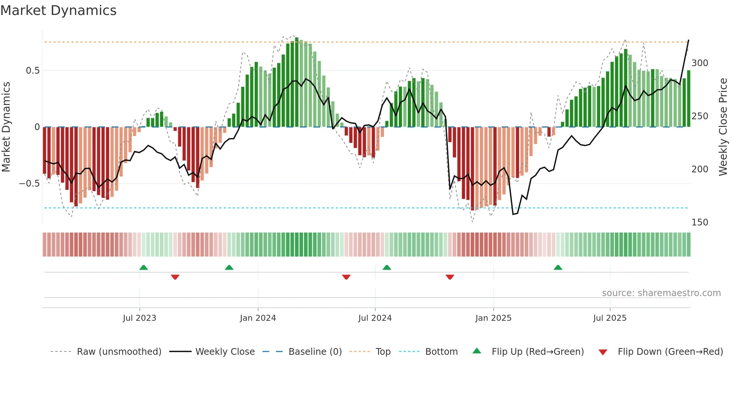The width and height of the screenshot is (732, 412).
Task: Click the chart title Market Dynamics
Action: (x=58, y=10)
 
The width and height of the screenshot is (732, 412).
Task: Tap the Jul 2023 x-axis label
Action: (x=139, y=318)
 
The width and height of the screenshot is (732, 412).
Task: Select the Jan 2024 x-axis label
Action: (x=258, y=318)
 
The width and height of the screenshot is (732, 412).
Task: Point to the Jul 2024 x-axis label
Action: (x=375, y=318)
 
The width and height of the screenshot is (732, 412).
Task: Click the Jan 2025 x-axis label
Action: (x=493, y=318)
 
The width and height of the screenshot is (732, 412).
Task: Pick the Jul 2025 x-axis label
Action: (x=610, y=318)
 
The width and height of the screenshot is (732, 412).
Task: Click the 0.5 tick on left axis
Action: (x=32, y=71)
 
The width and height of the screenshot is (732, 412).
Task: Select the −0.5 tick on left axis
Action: (x=30, y=184)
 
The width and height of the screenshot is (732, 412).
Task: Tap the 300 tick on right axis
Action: (x=700, y=63)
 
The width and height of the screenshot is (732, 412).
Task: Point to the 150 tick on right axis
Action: (x=700, y=222)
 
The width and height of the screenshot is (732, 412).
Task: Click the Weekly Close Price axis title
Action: (x=723, y=127)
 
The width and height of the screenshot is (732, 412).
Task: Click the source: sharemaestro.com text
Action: (x=661, y=293)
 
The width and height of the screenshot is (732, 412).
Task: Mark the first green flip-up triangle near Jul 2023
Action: (x=143, y=267)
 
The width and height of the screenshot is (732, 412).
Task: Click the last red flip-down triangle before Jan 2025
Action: (x=450, y=277)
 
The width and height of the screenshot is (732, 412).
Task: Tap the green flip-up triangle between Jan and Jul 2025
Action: (x=558, y=267)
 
